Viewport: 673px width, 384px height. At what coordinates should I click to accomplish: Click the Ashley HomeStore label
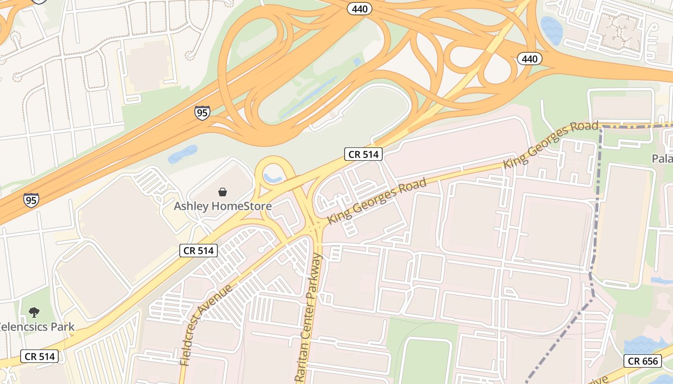coord(223,206)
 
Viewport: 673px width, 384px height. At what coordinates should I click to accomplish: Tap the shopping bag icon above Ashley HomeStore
coord(223,192)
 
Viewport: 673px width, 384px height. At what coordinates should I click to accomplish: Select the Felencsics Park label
coord(37,327)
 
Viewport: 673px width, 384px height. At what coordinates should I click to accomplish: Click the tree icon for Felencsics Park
coord(34,312)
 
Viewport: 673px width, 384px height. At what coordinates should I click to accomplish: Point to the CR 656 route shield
coord(642,361)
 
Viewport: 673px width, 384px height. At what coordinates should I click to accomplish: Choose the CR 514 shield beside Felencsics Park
coord(39,356)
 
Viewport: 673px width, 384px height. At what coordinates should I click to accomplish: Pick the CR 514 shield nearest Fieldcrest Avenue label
coord(199,250)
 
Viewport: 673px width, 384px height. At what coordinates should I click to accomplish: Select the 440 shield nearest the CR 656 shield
coord(530,59)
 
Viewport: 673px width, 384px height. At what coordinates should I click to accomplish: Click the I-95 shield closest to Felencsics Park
coord(31,200)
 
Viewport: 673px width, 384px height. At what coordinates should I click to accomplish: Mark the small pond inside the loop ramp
coord(273,178)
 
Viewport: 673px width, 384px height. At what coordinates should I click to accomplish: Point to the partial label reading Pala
coord(662,158)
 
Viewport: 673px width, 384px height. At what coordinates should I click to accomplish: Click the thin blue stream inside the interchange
coord(308,98)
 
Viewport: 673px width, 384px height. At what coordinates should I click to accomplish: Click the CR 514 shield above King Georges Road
coord(363,154)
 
